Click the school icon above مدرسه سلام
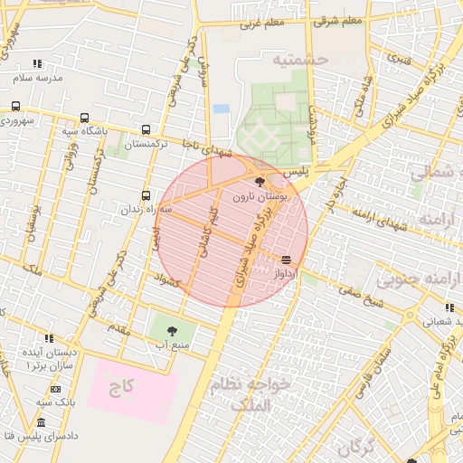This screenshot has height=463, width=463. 37,63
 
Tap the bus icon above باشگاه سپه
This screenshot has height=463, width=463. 84,118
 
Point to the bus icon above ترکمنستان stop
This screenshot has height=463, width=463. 146,129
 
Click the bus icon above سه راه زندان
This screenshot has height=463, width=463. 146,194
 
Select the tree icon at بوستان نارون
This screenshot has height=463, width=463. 261,182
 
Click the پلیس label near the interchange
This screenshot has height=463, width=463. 297,170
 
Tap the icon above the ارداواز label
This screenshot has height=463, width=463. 287,260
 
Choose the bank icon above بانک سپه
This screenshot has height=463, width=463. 56,388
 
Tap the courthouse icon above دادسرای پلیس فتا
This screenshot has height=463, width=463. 41,422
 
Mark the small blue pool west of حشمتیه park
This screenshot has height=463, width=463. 221,109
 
